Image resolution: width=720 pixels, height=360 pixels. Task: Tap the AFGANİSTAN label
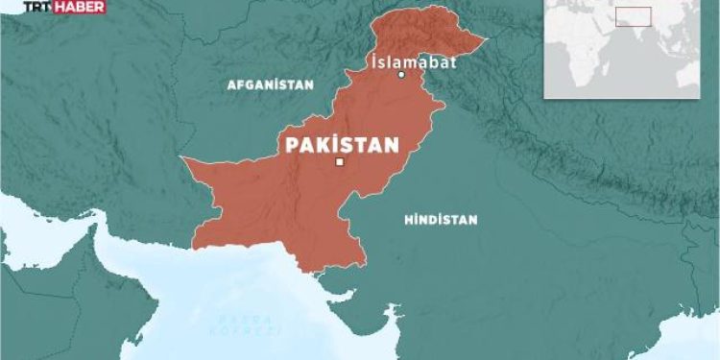tap(270, 84)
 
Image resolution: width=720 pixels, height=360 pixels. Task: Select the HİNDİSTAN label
tap(441, 220)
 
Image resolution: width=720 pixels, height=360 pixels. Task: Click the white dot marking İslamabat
tap(402, 75)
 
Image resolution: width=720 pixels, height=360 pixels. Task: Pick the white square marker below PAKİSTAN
tap(339, 163)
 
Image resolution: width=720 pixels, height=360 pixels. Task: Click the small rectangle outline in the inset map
tap(634, 16)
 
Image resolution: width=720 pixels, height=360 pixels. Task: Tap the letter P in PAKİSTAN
tap(285, 146)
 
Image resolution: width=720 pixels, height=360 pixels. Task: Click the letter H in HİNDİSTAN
tap(407, 220)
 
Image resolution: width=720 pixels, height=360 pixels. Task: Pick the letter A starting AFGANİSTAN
tap(230, 84)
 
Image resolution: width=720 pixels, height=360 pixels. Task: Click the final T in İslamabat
tap(451, 61)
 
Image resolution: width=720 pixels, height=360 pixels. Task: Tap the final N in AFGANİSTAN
tap(309, 84)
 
